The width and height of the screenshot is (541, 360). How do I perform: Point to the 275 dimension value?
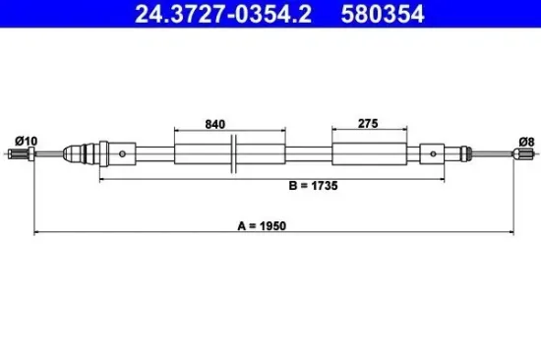(369, 124)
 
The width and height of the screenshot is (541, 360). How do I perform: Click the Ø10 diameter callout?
(28, 142)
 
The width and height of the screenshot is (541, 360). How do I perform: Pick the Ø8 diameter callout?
(525, 142)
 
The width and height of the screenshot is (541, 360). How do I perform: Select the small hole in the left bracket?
(122, 153)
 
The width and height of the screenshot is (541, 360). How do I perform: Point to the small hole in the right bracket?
(434, 153)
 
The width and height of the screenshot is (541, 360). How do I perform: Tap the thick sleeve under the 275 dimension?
(368, 153)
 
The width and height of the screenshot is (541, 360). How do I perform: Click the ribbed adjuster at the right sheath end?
(454, 153)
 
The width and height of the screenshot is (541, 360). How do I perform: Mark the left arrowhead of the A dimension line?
(38, 233)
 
